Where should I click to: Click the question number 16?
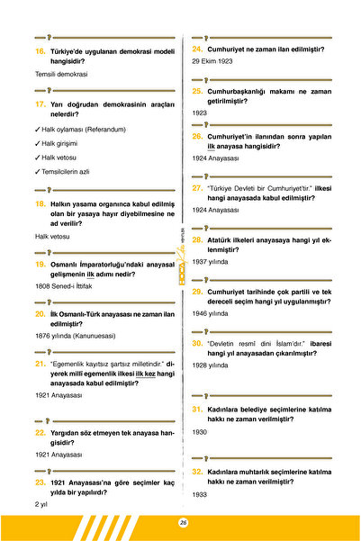pyautogui.click(x=41, y=52)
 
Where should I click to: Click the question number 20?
pyautogui.click(x=41, y=314)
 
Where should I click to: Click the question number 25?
pyautogui.click(x=197, y=91)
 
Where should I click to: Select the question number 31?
pyautogui.click(x=197, y=410)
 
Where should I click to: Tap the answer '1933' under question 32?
pyautogui.click(x=200, y=494)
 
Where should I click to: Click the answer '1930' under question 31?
pyautogui.click(x=200, y=432)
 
